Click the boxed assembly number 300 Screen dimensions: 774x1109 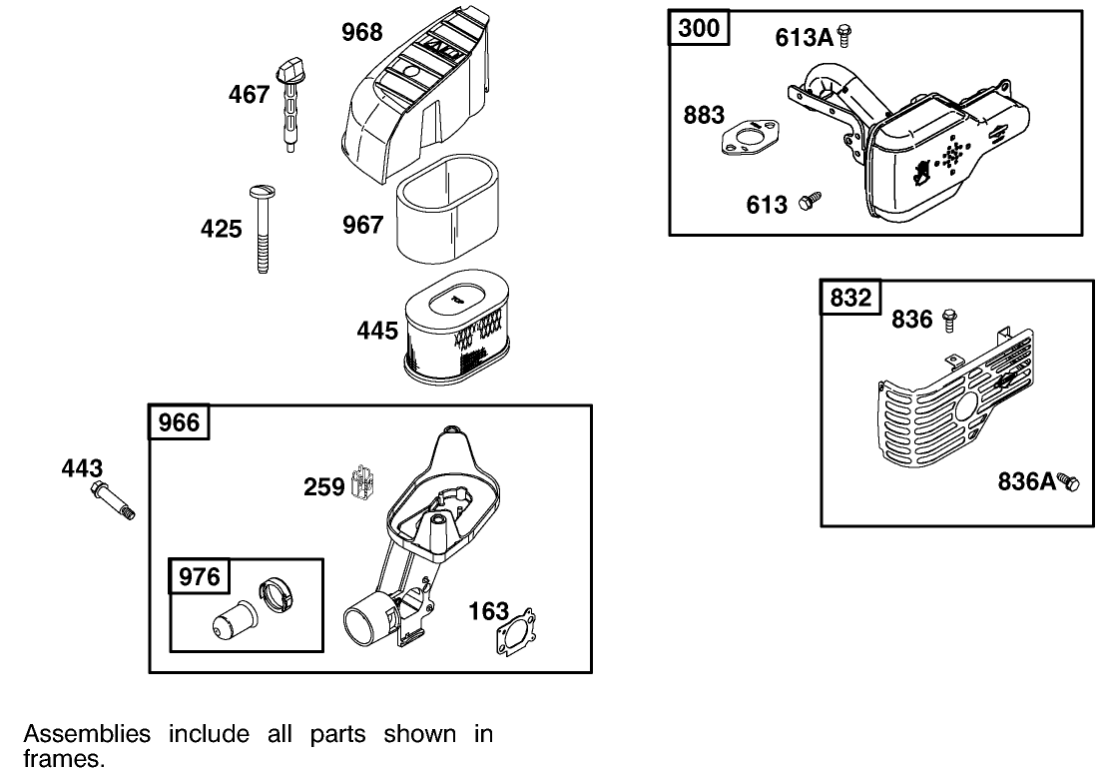coord(699,28)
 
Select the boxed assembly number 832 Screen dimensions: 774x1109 coord(850,298)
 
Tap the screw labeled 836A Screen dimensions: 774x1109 coord(1069,482)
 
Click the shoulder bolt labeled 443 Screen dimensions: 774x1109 coord(113,500)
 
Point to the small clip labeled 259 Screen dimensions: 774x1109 coord(363,484)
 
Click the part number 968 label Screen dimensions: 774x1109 coord(361,33)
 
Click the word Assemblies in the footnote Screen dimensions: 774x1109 coord(87,735)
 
